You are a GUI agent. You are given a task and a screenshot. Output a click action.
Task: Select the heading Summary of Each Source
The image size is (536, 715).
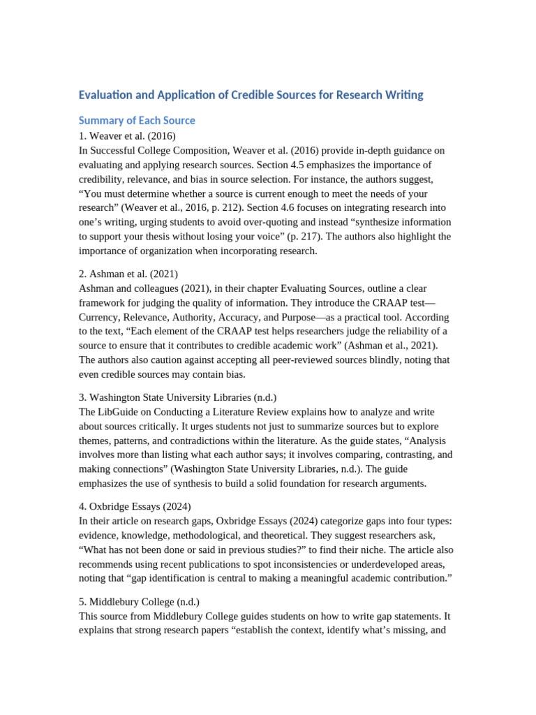(x=137, y=120)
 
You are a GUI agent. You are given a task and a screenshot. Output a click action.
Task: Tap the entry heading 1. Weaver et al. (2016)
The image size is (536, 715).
(x=127, y=135)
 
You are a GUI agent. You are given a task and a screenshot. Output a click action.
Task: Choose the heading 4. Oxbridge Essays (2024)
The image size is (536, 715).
(x=135, y=506)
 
